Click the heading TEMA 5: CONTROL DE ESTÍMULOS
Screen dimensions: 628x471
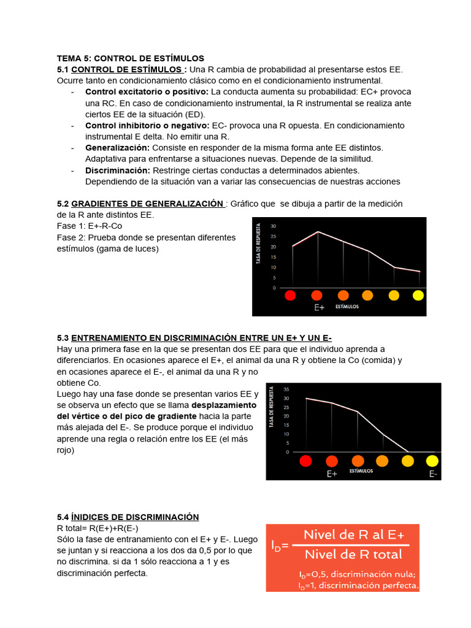pyautogui.click(x=130, y=58)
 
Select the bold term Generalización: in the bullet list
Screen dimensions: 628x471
pyautogui.click(x=117, y=148)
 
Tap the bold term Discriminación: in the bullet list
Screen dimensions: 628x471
pyautogui.click(x=118, y=170)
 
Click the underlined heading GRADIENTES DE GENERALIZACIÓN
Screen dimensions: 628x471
pyautogui.click(x=147, y=204)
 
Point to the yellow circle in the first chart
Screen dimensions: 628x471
pyautogui.click(x=418, y=296)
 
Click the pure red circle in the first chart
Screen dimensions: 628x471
pyautogui.click(x=291, y=296)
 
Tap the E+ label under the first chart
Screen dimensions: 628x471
pyautogui.click(x=319, y=307)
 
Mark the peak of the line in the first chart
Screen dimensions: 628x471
pyautogui.click(x=318, y=232)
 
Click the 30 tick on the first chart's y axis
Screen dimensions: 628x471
pyautogui.click(x=274, y=226)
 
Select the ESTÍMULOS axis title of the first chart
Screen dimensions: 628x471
pyautogui.click(x=347, y=306)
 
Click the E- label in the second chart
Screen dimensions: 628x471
pyautogui.click(x=433, y=474)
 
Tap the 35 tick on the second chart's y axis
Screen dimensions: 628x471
pyautogui.click(x=286, y=389)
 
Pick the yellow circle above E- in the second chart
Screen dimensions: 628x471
pyautogui.click(x=432, y=461)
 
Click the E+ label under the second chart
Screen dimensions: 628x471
pyautogui.click(x=332, y=474)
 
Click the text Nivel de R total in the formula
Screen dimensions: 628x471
pyautogui.click(x=353, y=554)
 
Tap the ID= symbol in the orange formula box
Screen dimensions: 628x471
pyautogui.click(x=280, y=544)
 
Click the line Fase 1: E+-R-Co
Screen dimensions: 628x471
pyautogui.click(x=90, y=226)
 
